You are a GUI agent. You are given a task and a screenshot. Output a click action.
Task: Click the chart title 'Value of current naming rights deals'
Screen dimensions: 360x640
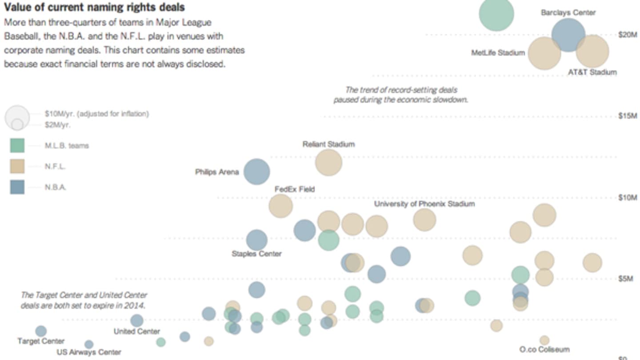click(x=94, y=8)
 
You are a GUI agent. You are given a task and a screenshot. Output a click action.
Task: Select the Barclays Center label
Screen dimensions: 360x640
click(x=568, y=12)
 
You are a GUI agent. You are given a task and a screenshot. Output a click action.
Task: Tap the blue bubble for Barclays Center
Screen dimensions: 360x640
click(x=568, y=35)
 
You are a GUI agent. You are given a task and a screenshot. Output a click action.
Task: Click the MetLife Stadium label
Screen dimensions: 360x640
click(x=498, y=53)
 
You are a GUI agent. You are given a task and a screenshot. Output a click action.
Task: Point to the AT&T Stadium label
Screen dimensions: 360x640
click(x=592, y=72)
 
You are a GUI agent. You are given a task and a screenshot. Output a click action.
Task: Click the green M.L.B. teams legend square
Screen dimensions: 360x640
click(x=17, y=145)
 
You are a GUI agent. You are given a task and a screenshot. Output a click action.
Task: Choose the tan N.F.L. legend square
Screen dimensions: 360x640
click(x=17, y=166)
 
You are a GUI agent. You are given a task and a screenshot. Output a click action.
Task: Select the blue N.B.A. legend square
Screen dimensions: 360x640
click(x=17, y=187)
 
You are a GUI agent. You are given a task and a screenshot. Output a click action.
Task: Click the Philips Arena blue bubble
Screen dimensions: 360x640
click(x=257, y=172)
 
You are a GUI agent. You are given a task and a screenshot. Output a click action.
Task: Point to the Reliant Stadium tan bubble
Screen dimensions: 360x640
click(x=328, y=163)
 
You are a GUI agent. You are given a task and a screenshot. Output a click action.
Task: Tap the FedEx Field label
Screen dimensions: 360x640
click(x=294, y=189)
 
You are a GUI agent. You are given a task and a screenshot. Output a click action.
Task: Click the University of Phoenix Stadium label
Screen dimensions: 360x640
click(x=424, y=204)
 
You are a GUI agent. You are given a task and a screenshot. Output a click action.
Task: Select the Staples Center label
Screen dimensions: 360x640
click(x=256, y=254)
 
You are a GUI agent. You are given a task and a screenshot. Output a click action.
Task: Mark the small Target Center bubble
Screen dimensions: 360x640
click(x=41, y=331)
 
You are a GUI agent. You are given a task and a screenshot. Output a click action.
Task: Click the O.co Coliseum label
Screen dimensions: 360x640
click(x=544, y=350)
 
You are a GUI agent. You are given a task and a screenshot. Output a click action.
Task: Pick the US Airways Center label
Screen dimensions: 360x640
click(x=89, y=352)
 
